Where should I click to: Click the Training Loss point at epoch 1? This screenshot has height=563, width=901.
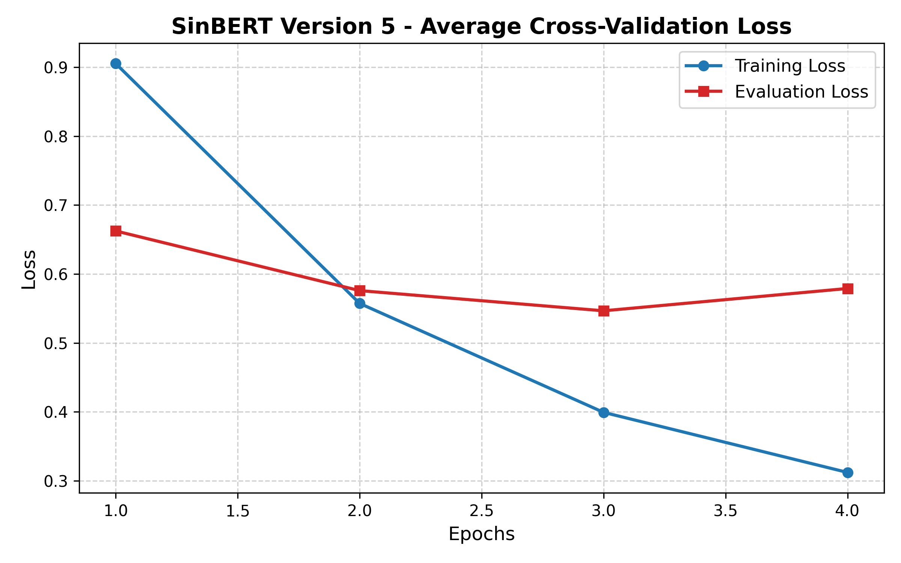(x=116, y=64)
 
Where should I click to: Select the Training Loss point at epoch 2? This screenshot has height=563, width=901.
(x=360, y=303)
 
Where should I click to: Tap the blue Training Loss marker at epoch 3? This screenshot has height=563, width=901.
(x=604, y=412)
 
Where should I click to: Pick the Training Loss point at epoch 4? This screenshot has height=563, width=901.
(x=848, y=473)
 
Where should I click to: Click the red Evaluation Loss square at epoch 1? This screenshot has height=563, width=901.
(x=116, y=231)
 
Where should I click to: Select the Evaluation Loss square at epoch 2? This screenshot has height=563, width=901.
(x=360, y=291)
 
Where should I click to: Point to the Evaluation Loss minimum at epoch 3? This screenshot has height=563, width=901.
(x=604, y=311)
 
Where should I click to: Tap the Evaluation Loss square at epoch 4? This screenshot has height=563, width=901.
(x=848, y=289)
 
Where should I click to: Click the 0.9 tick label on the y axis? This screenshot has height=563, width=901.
(x=56, y=68)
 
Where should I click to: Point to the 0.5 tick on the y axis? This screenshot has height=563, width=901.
(x=56, y=343)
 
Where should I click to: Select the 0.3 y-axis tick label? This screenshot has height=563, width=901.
(x=56, y=482)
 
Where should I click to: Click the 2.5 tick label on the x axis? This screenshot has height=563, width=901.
(x=482, y=511)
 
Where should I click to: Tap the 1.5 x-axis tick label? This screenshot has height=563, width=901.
(x=238, y=511)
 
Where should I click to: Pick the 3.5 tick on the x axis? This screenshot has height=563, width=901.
(x=726, y=511)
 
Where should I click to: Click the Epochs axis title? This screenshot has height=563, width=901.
(x=482, y=534)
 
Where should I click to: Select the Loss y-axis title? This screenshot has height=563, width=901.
(x=29, y=269)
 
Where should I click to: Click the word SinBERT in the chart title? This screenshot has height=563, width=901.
(x=221, y=27)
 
